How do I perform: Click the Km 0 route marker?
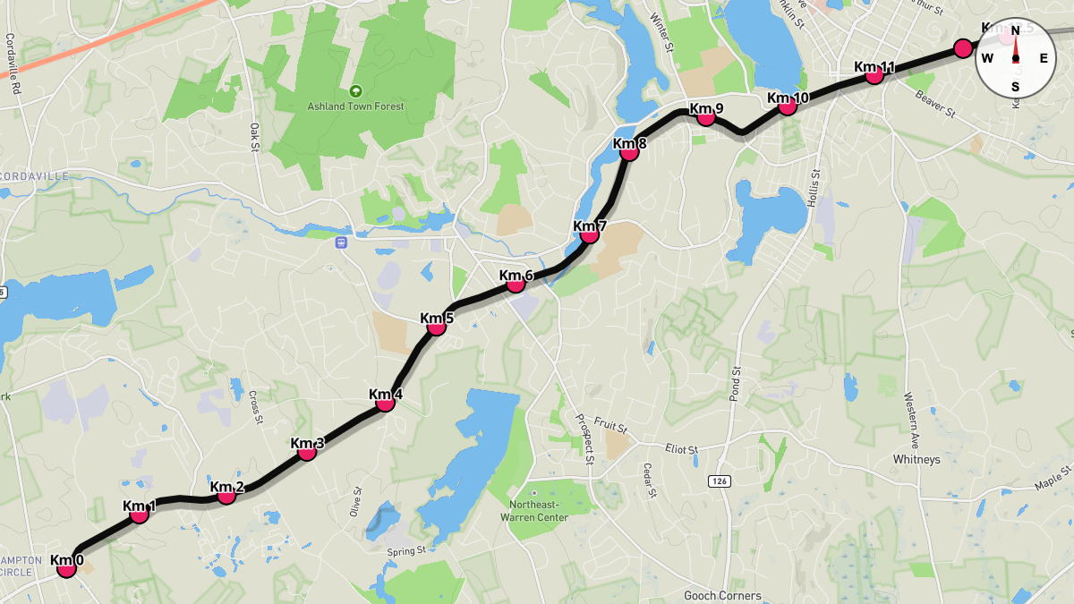66,567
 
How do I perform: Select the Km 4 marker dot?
386,402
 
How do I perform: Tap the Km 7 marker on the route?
589,234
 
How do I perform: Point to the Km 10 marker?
788,105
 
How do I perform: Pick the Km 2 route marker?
226,494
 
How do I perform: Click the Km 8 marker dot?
629,151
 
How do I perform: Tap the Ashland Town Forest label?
356,106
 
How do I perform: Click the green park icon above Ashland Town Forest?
356,90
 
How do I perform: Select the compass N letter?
1016,30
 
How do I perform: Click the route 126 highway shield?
719,481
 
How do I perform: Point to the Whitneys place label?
916,459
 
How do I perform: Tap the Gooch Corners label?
722,595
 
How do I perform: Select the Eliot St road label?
686,448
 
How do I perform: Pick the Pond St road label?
737,382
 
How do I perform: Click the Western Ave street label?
911,408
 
